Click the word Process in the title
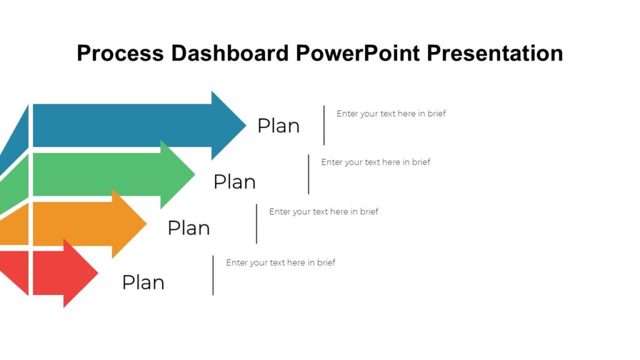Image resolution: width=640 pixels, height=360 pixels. [x=121, y=53]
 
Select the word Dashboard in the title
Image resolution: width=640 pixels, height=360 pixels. [x=230, y=53]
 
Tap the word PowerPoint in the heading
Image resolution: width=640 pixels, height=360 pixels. [x=358, y=53]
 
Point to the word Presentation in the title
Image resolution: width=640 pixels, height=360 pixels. [x=495, y=53]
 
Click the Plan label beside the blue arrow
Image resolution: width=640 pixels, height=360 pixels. [x=279, y=126]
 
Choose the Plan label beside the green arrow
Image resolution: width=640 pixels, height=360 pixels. [x=234, y=182]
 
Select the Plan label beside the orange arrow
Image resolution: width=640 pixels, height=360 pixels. [x=189, y=228]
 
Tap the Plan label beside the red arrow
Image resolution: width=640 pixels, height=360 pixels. [x=143, y=282]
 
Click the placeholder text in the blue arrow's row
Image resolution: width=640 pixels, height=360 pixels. [x=391, y=114]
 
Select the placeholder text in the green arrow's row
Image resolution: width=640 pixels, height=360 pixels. [x=376, y=162]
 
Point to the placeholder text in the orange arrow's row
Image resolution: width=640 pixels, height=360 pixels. [x=324, y=212]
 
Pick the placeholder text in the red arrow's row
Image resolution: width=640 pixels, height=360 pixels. [x=281, y=262]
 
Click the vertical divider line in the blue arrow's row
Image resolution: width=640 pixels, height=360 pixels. [x=324, y=125]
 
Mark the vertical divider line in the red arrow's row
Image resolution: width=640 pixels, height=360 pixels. [x=213, y=275]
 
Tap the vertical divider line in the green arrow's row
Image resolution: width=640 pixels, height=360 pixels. [x=308, y=174]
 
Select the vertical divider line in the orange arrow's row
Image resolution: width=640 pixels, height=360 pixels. [x=256, y=224]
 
